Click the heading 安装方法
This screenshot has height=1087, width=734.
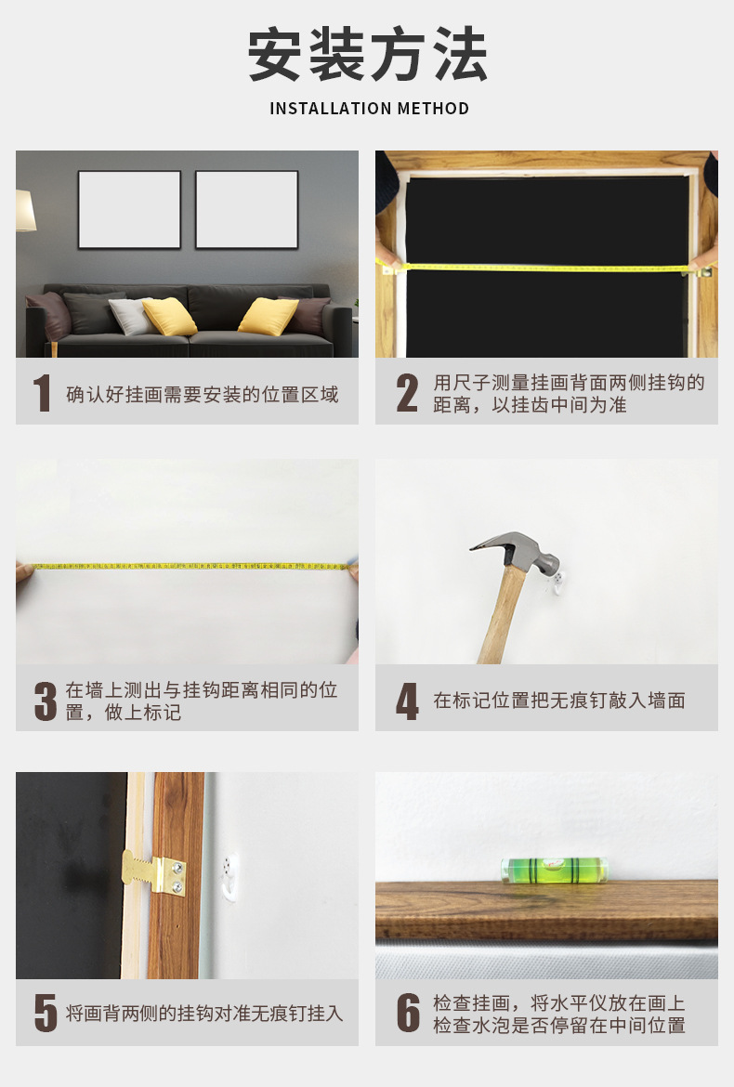[x=368, y=56]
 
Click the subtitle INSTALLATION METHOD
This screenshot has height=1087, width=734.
[x=369, y=109]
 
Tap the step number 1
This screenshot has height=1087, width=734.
[x=42, y=394]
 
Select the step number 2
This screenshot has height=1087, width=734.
[x=407, y=394]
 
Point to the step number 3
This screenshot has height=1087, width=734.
[x=46, y=701]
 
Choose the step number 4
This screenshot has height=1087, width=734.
[x=407, y=701]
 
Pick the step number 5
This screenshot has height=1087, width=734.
[x=46, y=1013]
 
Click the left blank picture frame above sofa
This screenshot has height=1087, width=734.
[x=129, y=209]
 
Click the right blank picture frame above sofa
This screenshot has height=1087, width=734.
[x=246, y=209]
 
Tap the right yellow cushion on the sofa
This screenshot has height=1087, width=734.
[x=269, y=317]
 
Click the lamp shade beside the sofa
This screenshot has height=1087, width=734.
[x=25, y=211]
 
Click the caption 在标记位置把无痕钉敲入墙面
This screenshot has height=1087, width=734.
[x=559, y=701]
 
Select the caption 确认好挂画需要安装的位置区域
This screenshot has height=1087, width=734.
[x=203, y=394]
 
